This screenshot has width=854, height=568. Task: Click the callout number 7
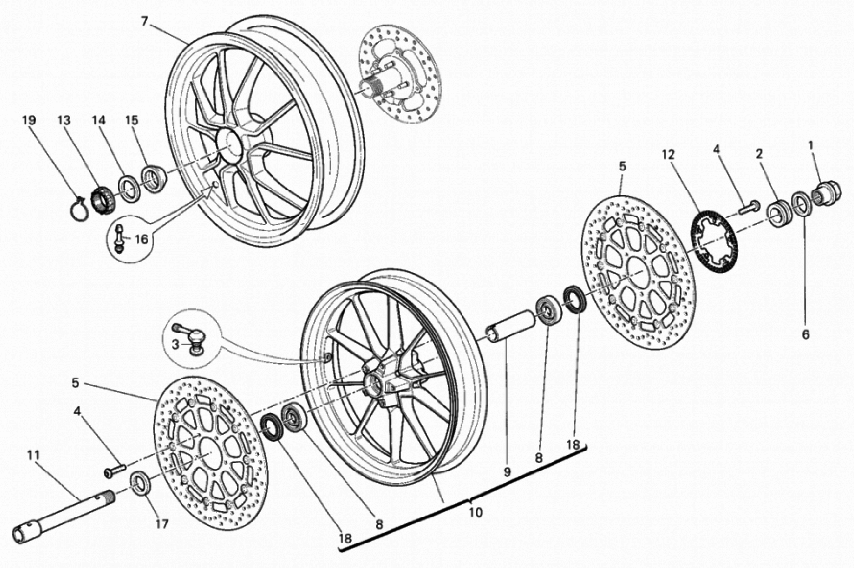[x=145, y=22]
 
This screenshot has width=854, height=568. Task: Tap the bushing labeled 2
[x=779, y=213]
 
